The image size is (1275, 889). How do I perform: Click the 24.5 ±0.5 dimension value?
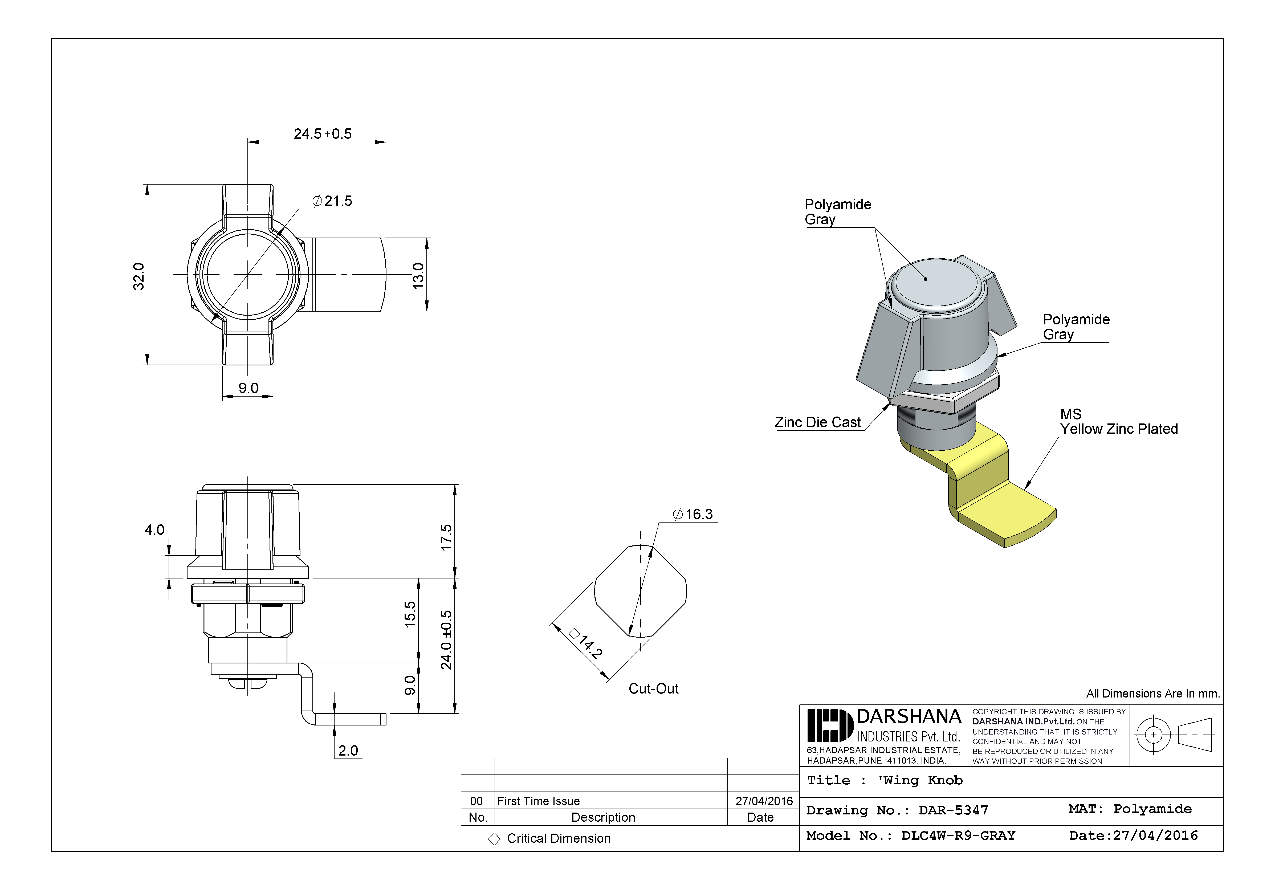(x=323, y=134)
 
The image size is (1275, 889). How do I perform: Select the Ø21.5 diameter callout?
(x=332, y=201)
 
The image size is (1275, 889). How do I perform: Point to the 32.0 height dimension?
(x=138, y=276)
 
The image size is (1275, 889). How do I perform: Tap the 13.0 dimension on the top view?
(x=418, y=275)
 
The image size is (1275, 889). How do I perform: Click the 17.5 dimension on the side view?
(x=446, y=537)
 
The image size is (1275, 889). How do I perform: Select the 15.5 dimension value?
(x=410, y=614)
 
